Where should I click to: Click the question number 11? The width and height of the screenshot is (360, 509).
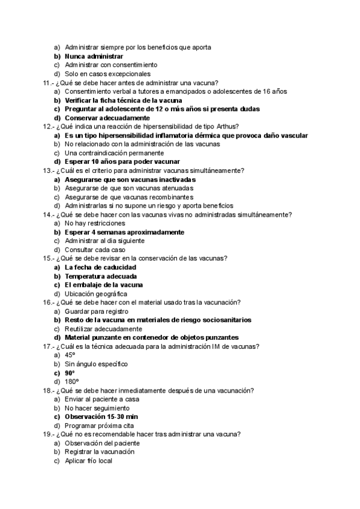pyautogui.click(x=47, y=83)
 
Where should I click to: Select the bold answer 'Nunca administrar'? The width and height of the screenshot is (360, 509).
pyautogui.click(x=94, y=56)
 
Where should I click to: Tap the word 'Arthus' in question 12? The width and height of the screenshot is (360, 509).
pyautogui.click(x=228, y=127)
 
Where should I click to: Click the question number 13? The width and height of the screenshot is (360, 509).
pyautogui.click(x=47, y=170)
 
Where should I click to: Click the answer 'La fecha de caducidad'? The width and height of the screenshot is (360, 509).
pyautogui.click(x=100, y=267)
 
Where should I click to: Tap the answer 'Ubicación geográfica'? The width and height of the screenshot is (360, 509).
pyautogui.click(x=96, y=294)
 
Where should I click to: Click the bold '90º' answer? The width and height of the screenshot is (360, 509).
pyautogui.click(x=70, y=373)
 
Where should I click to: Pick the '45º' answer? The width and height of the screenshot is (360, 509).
pyautogui.click(x=70, y=355)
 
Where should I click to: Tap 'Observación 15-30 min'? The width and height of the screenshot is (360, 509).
pyautogui.click(x=101, y=417)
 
